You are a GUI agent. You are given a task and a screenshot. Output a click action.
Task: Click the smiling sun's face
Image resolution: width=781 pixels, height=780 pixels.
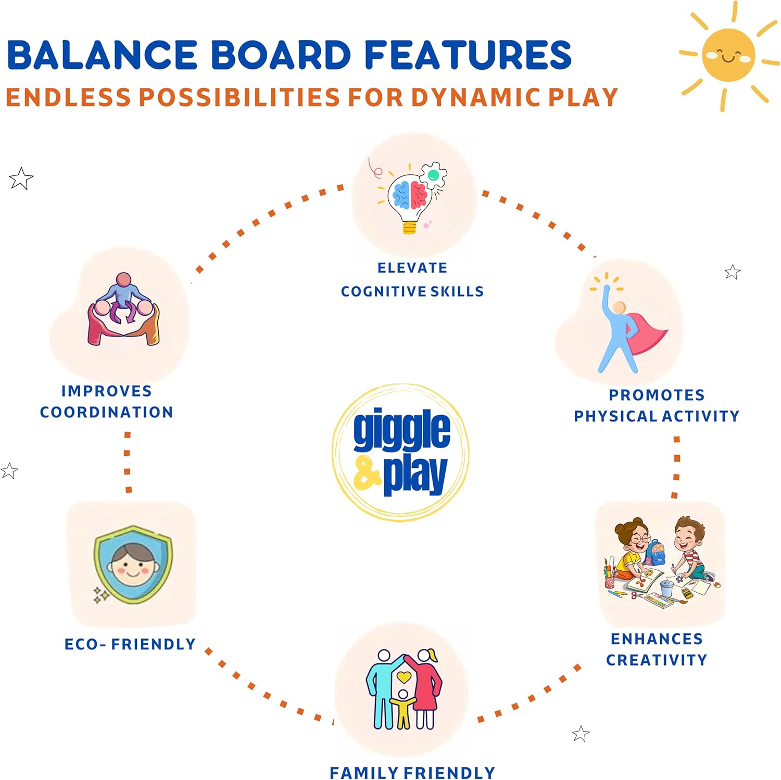click(x=728, y=55)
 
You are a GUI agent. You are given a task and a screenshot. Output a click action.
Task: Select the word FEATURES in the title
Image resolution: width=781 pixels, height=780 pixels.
click(x=468, y=55)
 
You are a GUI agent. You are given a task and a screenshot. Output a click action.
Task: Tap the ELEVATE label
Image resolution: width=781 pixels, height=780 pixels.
click(x=412, y=268)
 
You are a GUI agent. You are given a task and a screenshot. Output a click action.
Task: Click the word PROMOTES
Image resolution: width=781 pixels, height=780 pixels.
click(x=657, y=395)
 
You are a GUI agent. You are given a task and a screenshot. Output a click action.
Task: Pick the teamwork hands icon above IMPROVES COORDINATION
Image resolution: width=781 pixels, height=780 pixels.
click(x=123, y=310)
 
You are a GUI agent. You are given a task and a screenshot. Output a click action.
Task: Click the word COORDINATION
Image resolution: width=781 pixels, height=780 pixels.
click(x=107, y=412)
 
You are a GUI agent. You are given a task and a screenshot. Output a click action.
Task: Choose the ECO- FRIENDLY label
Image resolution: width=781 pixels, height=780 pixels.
click(x=130, y=644)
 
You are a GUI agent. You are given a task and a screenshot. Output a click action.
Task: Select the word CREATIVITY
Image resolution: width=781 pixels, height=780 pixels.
click(x=657, y=660)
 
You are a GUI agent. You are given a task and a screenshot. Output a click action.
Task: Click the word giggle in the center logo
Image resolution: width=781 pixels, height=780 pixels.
click(x=401, y=430)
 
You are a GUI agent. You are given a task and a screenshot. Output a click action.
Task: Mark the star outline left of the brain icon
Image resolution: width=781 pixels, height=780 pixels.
click(x=21, y=179)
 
